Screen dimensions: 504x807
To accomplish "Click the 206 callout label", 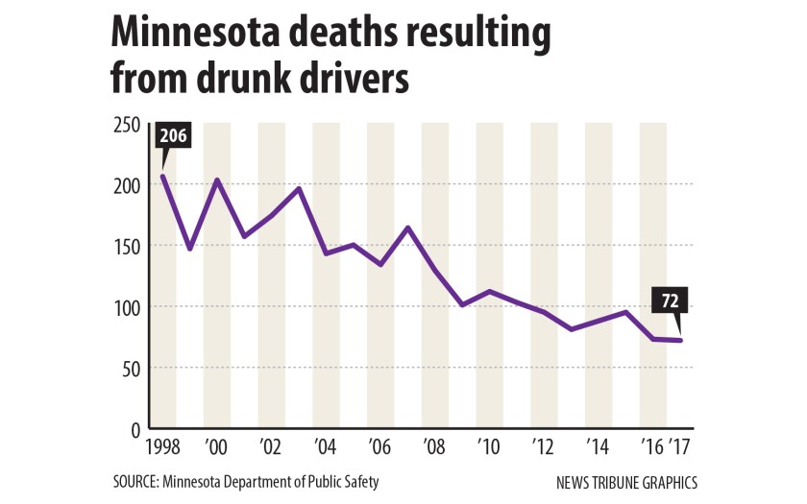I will pyautogui.click(x=173, y=136).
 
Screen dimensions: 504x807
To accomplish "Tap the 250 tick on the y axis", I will pyautogui.click(x=127, y=125).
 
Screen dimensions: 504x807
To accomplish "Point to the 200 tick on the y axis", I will pyautogui.click(x=127, y=185).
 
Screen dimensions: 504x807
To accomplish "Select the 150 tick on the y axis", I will pyautogui.click(x=127, y=247).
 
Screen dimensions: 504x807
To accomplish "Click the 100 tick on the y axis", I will pyautogui.click(x=127, y=307).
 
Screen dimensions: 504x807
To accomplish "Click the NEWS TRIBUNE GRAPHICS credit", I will pyautogui.click(x=625, y=482).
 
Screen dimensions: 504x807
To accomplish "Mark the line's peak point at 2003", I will pyautogui.click(x=299, y=188).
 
